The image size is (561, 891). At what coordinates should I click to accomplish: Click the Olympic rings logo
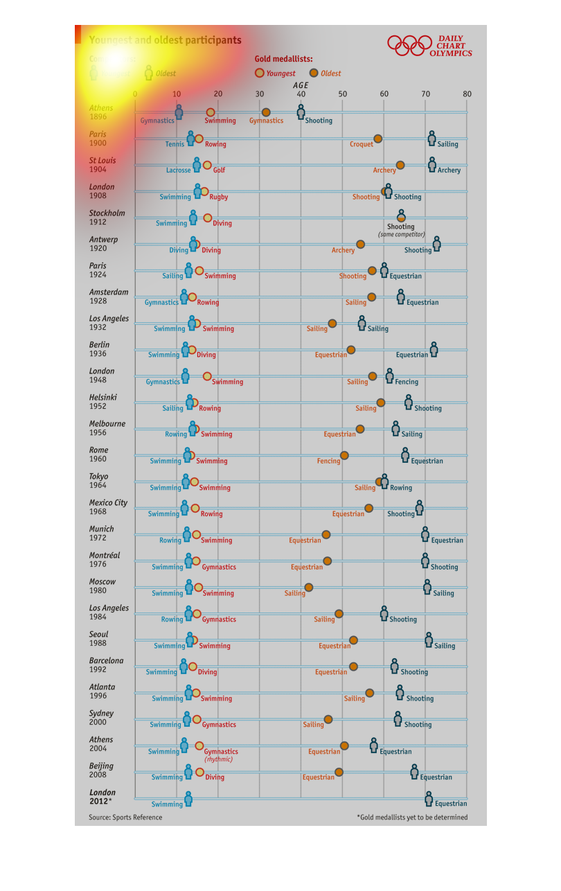pos(409,46)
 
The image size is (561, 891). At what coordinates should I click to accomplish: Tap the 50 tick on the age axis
pos(342,94)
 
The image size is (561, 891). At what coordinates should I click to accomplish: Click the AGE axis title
pos(301,85)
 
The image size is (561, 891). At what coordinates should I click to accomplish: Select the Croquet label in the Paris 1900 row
pos(362,144)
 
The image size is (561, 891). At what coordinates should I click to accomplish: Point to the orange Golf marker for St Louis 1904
pos(207,165)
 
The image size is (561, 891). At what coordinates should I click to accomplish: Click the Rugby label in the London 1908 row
pos(218,197)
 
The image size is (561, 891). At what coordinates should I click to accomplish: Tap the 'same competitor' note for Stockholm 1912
pos(401,234)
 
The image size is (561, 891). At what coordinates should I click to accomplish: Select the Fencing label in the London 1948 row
pos(407,382)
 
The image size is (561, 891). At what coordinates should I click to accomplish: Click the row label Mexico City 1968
pos(108,507)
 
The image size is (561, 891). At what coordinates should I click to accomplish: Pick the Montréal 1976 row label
pos(104,560)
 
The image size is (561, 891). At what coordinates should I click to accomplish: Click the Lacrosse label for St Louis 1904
pos(178,170)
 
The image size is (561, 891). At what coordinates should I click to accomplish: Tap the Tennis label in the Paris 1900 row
pos(175,144)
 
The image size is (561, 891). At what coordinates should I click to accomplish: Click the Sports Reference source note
pos(125,818)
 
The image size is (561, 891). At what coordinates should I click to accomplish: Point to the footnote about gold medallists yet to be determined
pos(412,818)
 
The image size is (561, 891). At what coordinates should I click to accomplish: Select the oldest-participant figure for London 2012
pos(429,799)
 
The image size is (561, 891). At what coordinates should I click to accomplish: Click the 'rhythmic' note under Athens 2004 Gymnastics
pos(218,759)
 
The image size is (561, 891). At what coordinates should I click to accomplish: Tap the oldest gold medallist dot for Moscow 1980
pos(309,588)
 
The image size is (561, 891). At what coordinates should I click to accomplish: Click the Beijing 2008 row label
pos(101,770)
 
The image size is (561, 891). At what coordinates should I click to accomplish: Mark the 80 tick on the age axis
pos(467,94)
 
